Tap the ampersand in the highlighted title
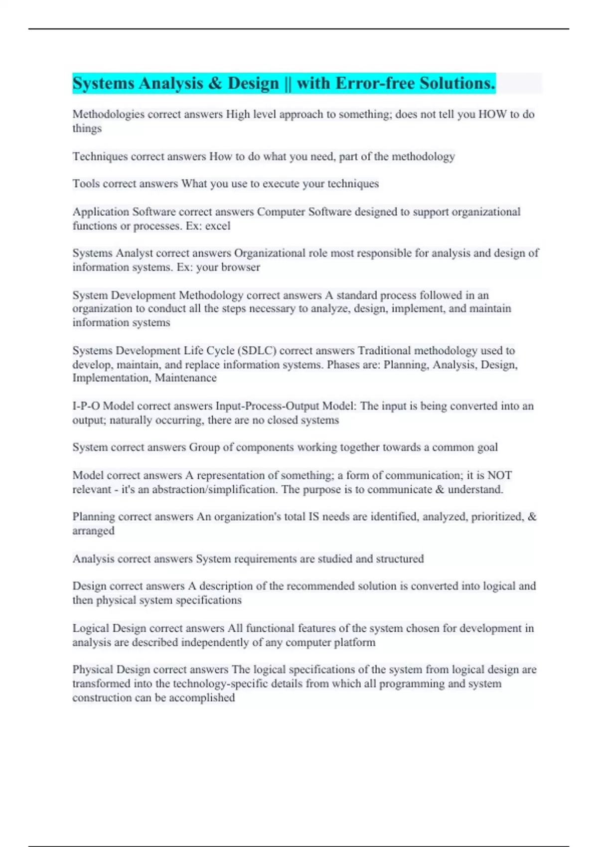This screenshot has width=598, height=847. (215, 83)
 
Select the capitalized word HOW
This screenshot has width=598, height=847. (492, 114)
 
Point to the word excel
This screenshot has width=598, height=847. (218, 226)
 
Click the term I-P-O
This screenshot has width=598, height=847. (86, 406)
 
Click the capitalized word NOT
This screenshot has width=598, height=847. (499, 475)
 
